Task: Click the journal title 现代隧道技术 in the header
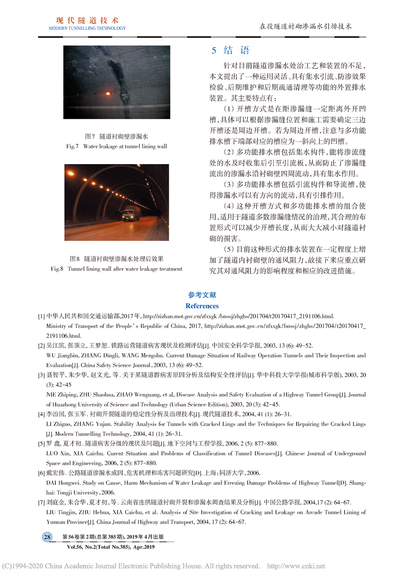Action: (x=87, y=20)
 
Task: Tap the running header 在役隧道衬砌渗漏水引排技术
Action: (x=306, y=26)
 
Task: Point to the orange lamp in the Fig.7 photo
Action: (x=108, y=93)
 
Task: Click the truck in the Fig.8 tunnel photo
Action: (x=131, y=213)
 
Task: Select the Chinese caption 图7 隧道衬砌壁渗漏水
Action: (x=117, y=136)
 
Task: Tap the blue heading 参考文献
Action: (x=202, y=295)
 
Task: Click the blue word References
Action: (x=202, y=306)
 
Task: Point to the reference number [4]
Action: (x=41, y=414)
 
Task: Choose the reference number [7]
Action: (x=41, y=502)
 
